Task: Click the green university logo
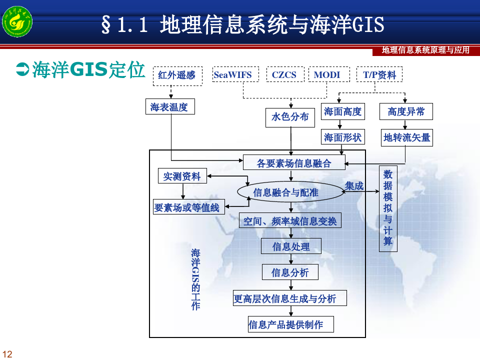tap(17, 21)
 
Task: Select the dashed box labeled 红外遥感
tap(177, 76)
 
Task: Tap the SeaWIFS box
tap(235, 74)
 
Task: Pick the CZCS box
tap(285, 74)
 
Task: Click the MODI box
tap(329, 74)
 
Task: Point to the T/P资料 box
tap(379, 74)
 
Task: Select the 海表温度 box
tap(170, 106)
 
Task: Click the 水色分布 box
tap(290, 117)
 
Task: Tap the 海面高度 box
tap(343, 111)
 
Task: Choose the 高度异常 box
tap(406, 111)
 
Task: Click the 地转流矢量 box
tap(406, 138)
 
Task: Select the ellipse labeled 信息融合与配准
tap(291, 191)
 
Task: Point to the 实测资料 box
tap(182, 175)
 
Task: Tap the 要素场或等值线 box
tap(189, 206)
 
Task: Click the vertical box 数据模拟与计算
tap(388, 209)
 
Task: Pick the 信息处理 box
tap(291, 246)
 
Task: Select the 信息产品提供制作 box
tap(291, 324)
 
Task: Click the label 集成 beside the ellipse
tap(354, 185)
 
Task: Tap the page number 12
tap(7, 354)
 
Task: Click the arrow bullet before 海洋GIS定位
tap(22, 69)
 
